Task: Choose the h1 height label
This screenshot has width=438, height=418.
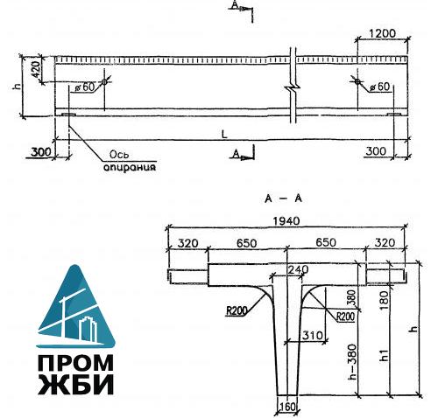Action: [x=383, y=356]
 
